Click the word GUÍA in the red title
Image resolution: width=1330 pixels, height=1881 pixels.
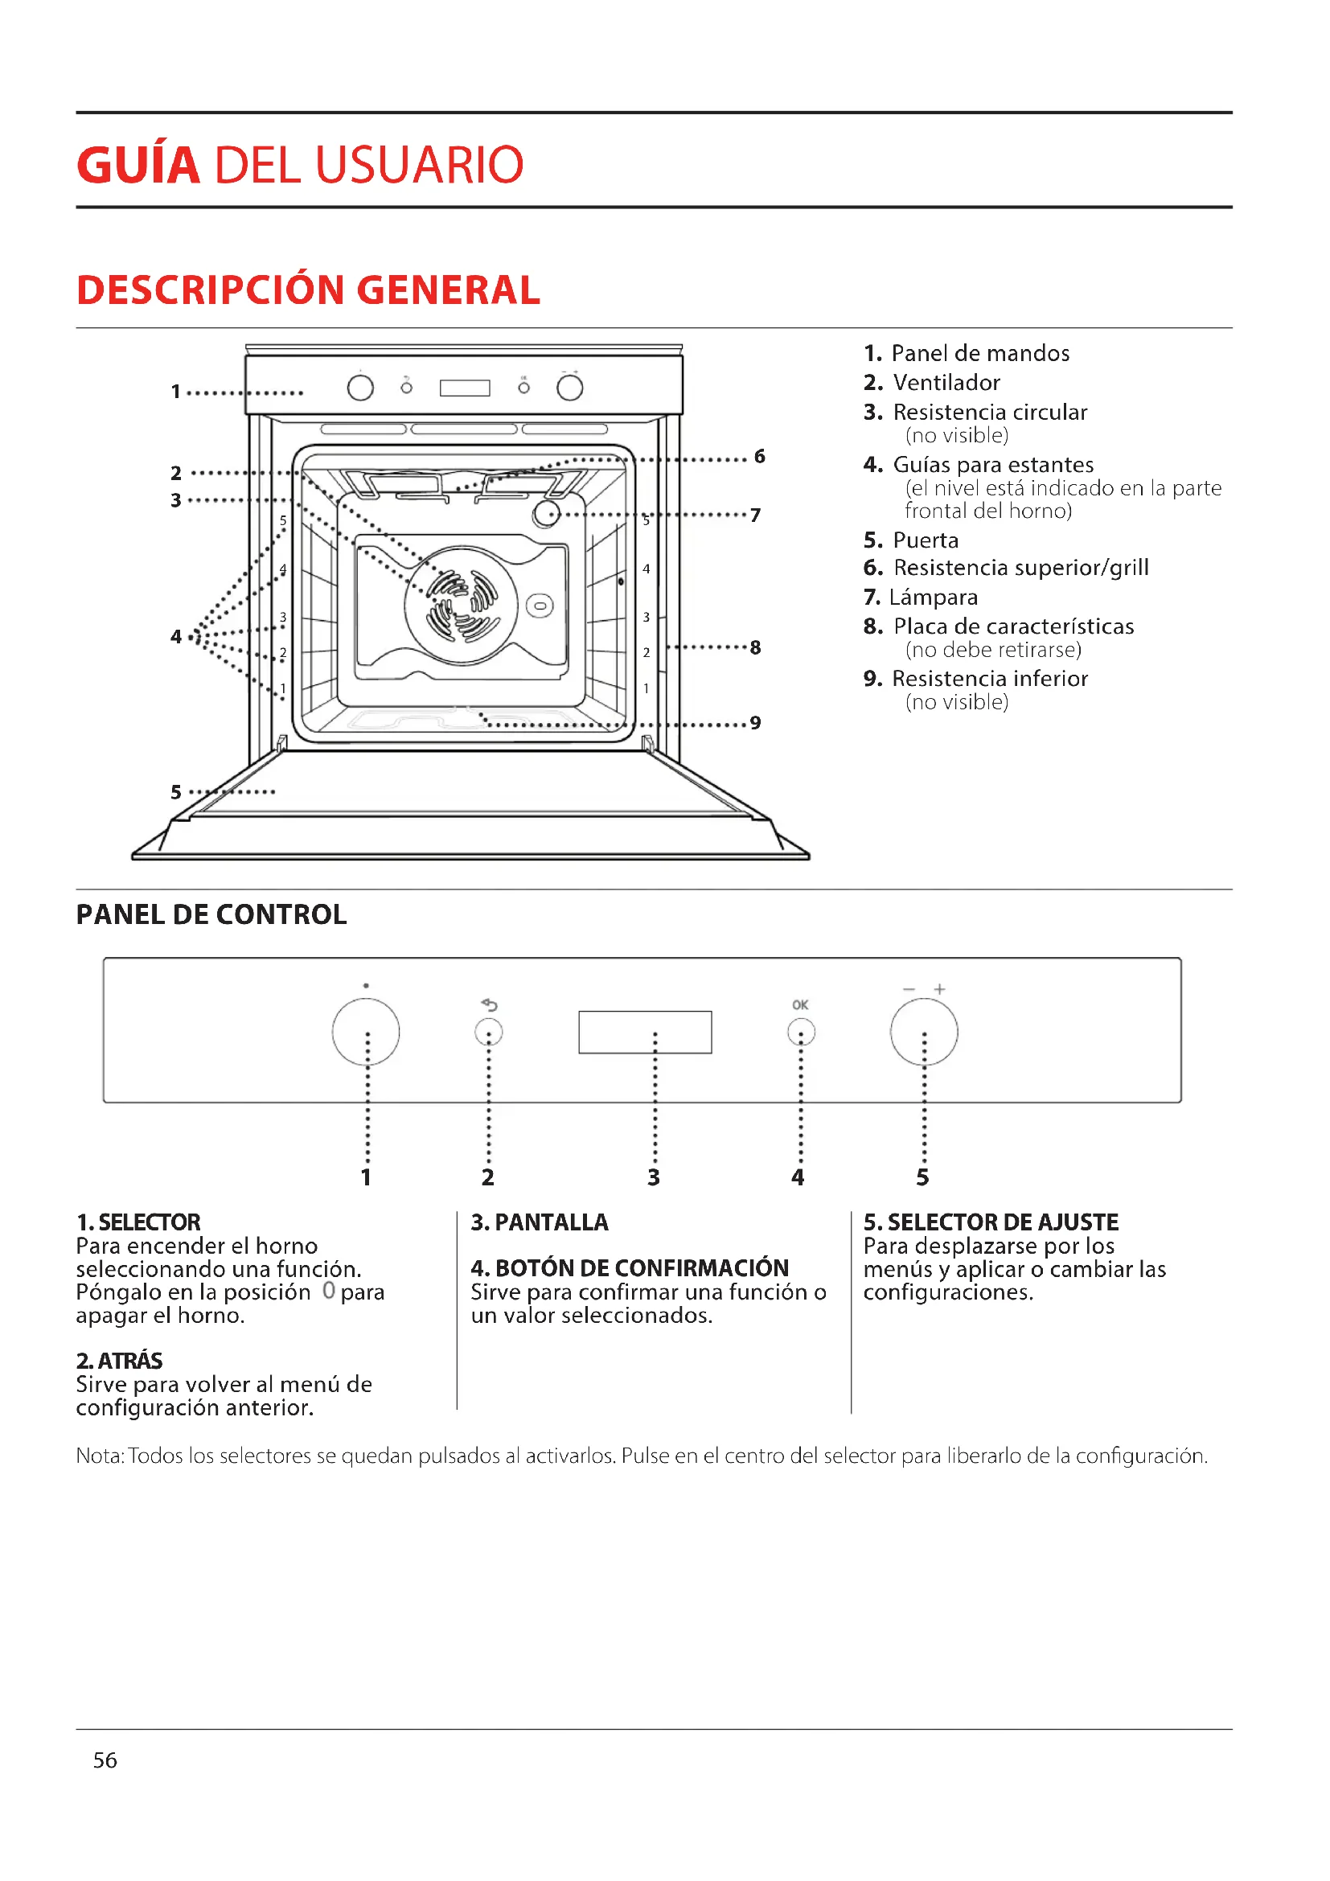pyautogui.click(x=138, y=166)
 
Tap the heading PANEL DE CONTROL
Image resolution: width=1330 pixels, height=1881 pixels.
pyautogui.click(x=211, y=914)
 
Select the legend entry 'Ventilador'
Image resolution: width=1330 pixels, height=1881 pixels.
pyautogui.click(x=946, y=383)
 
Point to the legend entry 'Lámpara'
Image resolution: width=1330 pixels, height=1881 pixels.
pyautogui.click(x=933, y=598)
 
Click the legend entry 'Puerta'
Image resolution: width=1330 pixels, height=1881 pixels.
pyautogui.click(x=925, y=540)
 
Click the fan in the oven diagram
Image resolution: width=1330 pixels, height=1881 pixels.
pyautogui.click(x=461, y=606)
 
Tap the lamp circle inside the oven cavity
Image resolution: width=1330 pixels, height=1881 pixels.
pyautogui.click(x=546, y=515)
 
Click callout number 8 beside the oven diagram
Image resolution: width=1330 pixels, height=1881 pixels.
pyautogui.click(x=755, y=648)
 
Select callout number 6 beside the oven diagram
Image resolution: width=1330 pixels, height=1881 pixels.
pyautogui.click(x=760, y=456)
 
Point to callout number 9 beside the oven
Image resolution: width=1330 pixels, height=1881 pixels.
pyautogui.click(x=755, y=723)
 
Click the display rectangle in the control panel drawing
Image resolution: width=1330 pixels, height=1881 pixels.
pyautogui.click(x=645, y=1032)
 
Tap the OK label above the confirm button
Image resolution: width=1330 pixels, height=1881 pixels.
pyautogui.click(x=800, y=1004)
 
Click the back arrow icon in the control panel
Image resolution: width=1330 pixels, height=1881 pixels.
pyautogui.click(x=489, y=1004)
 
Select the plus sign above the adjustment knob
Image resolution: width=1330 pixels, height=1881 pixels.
pyautogui.click(x=939, y=989)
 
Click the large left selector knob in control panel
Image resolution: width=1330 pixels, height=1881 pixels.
pyautogui.click(x=366, y=1032)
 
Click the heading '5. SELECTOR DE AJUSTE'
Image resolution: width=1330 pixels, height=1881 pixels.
pyautogui.click(x=990, y=1222)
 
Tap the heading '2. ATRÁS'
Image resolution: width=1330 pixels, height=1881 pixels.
pyautogui.click(x=120, y=1361)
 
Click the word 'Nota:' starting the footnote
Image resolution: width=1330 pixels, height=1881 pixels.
pyautogui.click(x=100, y=1456)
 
